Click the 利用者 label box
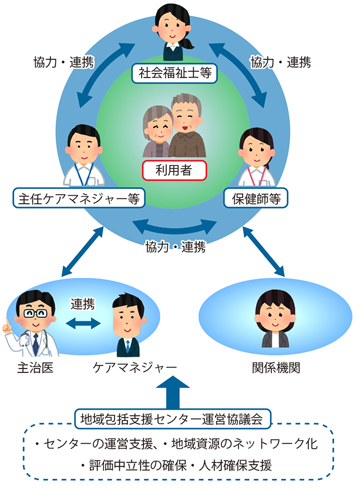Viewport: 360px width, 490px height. click(174, 170)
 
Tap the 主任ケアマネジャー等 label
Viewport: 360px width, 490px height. click(79, 198)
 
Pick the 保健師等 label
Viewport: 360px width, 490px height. click(255, 198)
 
